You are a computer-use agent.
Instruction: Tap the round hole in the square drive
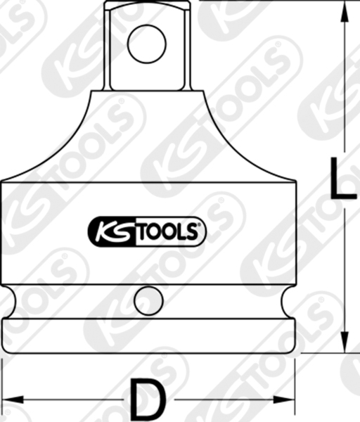148,44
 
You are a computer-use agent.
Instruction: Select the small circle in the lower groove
148,300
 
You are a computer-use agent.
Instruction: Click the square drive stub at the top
148,44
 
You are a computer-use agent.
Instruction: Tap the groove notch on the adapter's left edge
8,300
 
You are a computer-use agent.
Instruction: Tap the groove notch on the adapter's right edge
288,300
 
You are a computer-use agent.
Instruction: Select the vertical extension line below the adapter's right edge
295,383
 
